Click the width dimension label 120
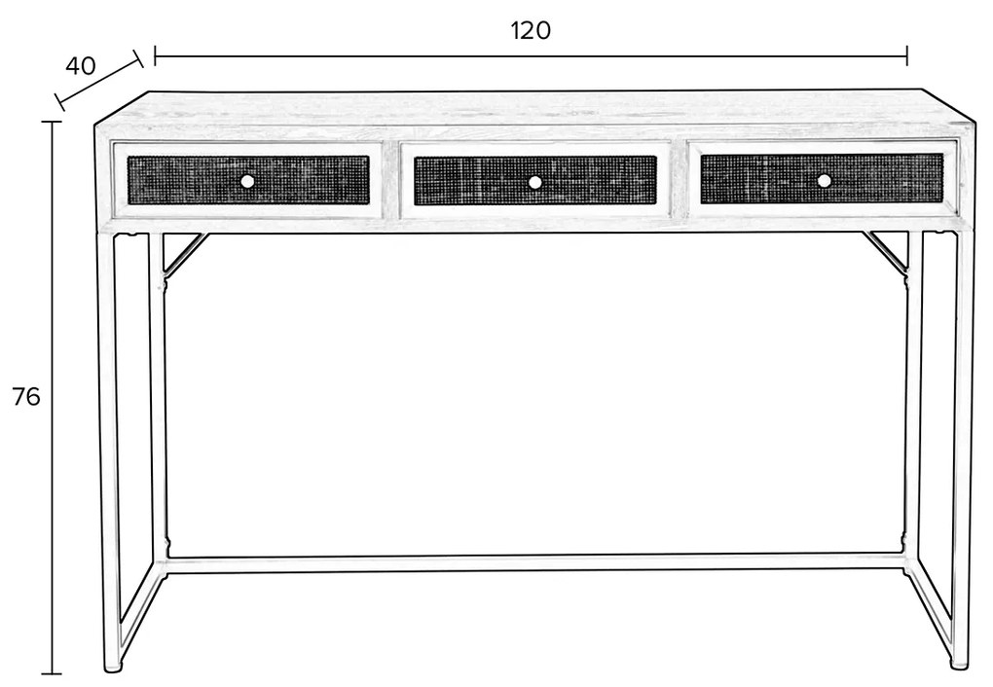531,30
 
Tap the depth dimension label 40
81,66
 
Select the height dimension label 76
26,396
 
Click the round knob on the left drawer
247,181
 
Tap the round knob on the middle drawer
535,182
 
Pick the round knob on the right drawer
824,180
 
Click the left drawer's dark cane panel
248,180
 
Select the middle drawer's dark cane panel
535,180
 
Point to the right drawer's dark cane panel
822,178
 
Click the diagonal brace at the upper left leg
184,253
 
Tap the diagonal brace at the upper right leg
887,251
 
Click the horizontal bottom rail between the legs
535,563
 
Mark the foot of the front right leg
960,664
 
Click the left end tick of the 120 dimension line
155,55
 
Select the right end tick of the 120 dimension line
907,55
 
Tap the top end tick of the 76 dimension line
52,121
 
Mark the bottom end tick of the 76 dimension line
52,673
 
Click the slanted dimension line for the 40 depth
99,81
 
